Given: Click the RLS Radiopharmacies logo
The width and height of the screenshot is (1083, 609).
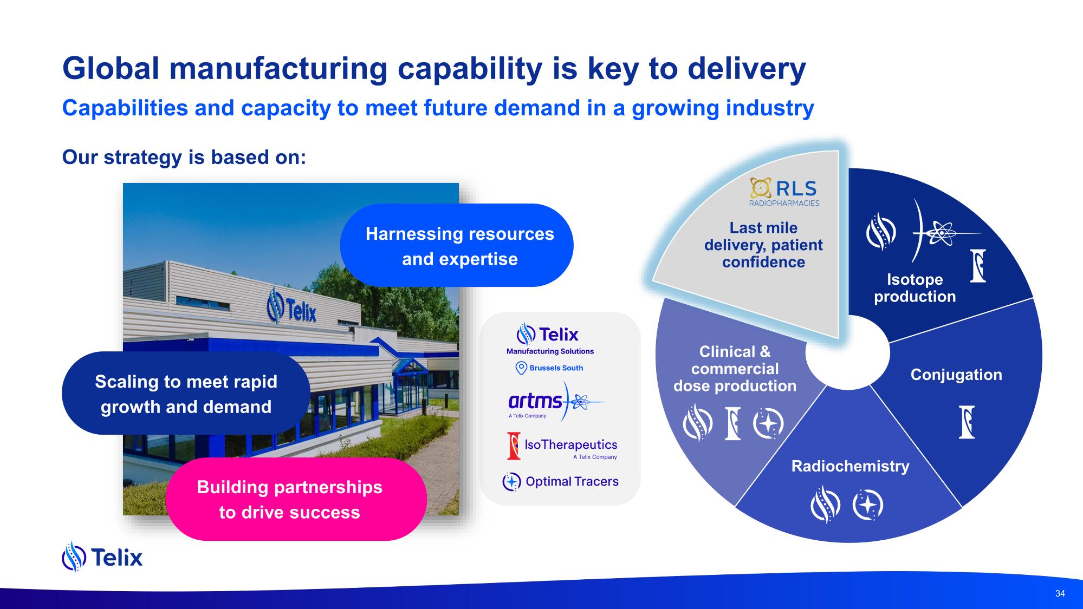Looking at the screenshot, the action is click(784, 192).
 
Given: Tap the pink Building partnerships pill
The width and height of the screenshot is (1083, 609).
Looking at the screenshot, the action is click(296, 499).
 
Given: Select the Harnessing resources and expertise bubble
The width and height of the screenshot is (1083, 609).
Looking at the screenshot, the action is click(457, 245).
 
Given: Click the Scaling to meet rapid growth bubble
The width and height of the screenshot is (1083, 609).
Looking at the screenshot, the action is click(186, 394).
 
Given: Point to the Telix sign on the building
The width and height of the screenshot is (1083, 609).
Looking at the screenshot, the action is click(291, 306).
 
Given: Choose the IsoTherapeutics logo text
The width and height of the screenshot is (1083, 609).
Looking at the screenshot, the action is click(571, 444).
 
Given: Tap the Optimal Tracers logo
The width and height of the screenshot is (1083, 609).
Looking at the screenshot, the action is click(561, 481).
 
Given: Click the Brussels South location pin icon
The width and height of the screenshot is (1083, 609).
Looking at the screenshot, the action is click(521, 368).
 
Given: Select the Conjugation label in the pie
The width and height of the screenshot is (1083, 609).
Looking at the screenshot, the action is click(956, 375).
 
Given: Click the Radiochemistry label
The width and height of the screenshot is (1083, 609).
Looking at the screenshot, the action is click(850, 466).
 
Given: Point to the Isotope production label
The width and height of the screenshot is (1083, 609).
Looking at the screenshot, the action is click(915, 288).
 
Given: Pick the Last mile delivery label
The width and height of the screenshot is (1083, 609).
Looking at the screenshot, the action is click(763, 245).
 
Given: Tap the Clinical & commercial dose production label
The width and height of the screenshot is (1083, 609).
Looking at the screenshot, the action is click(735, 369).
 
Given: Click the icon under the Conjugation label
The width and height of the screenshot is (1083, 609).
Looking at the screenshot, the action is click(967, 422).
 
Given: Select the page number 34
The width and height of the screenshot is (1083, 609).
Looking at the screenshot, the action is click(1060, 593).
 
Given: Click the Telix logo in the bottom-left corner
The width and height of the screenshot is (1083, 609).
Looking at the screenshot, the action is click(102, 557).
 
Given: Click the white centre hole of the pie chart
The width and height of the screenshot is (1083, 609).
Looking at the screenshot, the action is click(848, 352).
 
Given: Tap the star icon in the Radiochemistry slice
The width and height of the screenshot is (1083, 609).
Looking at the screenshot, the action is click(867, 506).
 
